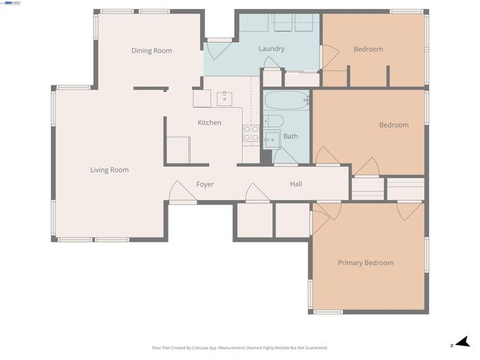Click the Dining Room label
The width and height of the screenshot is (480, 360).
pyautogui.click(x=151, y=51)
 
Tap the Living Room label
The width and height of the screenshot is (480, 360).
pyautogui.click(x=109, y=170)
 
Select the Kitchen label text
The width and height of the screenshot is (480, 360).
pyautogui.click(x=209, y=122)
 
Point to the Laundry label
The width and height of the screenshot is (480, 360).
pyautogui.click(x=271, y=49)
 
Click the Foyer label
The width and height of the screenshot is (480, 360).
pyautogui.click(x=205, y=184)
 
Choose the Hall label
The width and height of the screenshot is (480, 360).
pyautogui.click(x=296, y=184)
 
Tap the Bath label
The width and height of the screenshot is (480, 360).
pyautogui.click(x=290, y=136)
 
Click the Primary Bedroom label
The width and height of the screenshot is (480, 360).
pyautogui.click(x=365, y=262)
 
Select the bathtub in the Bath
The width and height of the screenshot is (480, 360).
pyautogui.click(x=286, y=100)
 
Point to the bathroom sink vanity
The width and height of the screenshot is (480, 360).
pyautogui.click(x=271, y=139)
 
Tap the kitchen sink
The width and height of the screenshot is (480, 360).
pyautogui.click(x=225, y=97)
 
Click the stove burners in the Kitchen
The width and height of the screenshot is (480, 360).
pyautogui.click(x=250, y=133)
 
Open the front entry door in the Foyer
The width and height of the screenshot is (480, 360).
pyautogui.click(x=182, y=193)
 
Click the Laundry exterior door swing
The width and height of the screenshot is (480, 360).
pyautogui.click(x=219, y=49)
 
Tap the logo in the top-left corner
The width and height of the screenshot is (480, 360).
pyautogui.click(x=11, y=3)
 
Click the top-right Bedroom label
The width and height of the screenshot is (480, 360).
pyautogui.click(x=368, y=49)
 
